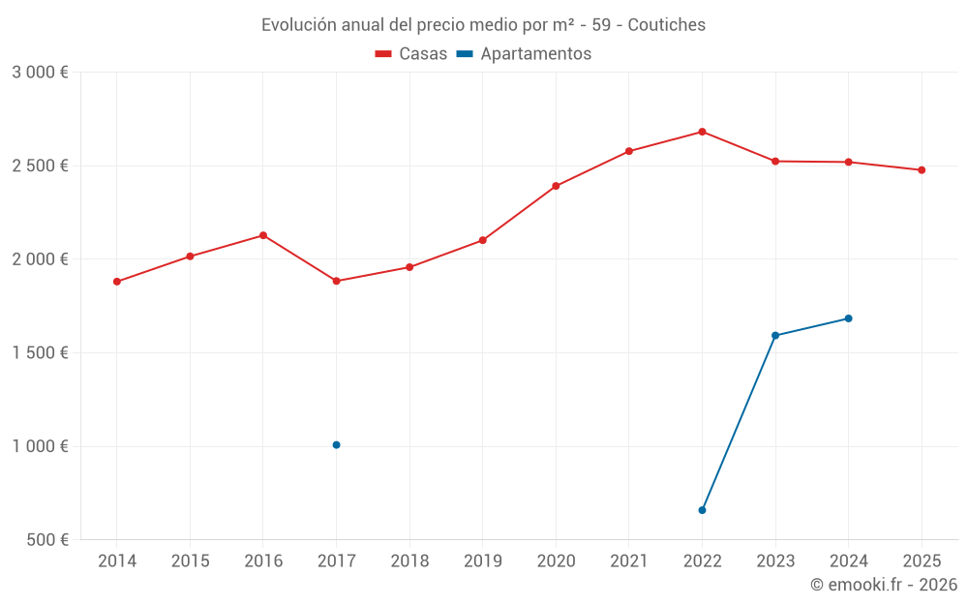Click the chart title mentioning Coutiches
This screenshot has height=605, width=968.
click(x=483, y=24)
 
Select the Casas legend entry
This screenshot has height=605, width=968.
click(x=411, y=54)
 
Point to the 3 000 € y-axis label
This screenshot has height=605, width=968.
click(x=40, y=73)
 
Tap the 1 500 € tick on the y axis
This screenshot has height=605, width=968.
click(x=40, y=353)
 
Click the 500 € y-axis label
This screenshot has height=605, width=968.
click(x=47, y=540)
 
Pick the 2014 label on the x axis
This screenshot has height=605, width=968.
click(x=117, y=561)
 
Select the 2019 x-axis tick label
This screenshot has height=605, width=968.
click(x=483, y=561)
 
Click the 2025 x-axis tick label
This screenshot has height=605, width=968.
click(x=922, y=561)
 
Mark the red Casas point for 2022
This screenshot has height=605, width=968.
click(x=702, y=132)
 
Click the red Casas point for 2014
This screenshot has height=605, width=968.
click(x=117, y=282)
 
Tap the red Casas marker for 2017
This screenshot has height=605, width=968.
click(x=336, y=281)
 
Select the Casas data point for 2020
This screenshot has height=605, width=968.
click(x=556, y=186)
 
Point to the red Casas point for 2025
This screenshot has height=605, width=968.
click(x=922, y=170)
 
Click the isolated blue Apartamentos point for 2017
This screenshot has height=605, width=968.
click(x=336, y=445)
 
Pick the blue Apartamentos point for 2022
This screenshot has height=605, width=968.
click(x=702, y=510)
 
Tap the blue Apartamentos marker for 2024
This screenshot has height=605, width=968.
click(x=848, y=318)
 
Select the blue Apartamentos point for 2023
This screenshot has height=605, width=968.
click(x=775, y=336)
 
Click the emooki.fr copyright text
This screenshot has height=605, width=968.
click(x=884, y=585)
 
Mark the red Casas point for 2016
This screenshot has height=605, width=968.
click(x=263, y=235)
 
